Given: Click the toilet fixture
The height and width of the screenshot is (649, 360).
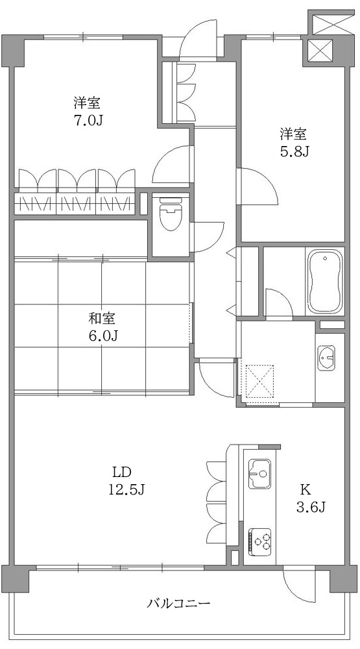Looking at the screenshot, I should pyautogui.click(x=171, y=214).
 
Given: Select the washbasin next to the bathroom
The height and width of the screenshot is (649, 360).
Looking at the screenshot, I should pyautogui.click(x=326, y=358).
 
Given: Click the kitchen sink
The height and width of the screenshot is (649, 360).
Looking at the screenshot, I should pyautogui.click(x=259, y=472).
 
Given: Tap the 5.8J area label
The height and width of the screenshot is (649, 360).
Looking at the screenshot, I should pyautogui.click(x=293, y=152).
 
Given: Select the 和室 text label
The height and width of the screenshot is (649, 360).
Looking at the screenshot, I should pyautogui.click(x=102, y=319).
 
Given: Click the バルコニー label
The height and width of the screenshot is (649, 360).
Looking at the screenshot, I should pyautogui.click(x=178, y=604).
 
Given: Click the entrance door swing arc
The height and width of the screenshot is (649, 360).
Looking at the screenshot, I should pyautogui.click(x=198, y=39).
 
